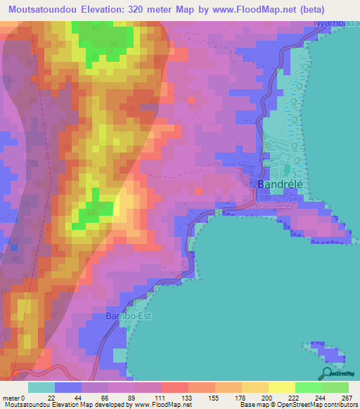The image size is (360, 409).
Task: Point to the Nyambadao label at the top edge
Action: click(x=335, y=22)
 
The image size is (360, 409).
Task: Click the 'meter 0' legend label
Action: click(x=14, y=398)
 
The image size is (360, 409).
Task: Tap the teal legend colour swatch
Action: click(x=41, y=387)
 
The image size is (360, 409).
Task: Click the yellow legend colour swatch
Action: click(x=281, y=387)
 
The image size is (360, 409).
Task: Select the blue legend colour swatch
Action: click(x=67, y=387)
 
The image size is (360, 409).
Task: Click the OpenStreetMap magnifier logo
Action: click(x=328, y=373)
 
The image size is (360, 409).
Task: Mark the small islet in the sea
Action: click(x=326, y=351)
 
